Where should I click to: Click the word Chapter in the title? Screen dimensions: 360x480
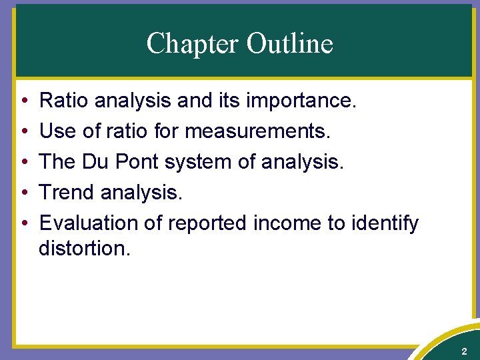pos(193,44)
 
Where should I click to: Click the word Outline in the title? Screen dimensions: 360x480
pos(289,44)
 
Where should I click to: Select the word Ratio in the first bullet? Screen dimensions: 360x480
pos(64,101)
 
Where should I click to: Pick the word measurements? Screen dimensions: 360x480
pos(257,131)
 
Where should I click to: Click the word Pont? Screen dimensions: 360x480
pos(143,162)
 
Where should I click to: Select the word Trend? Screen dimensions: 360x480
pos(67,193)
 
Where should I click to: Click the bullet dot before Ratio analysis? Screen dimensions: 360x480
pos(23,102)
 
